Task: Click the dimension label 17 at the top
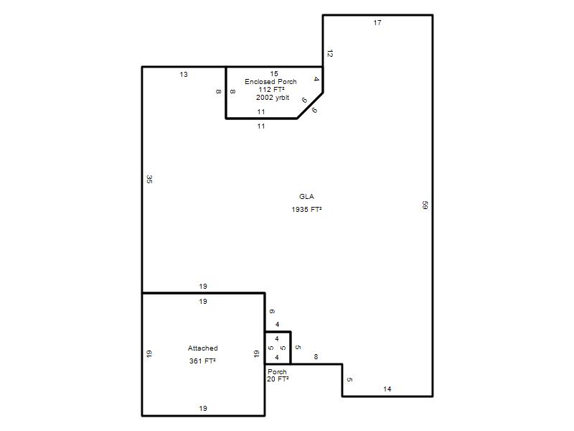tap(377, 23)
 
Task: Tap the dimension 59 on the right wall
tap(425, 205)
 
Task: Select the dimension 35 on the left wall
tap(149, 179)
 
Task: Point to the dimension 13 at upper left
tap(184, 75)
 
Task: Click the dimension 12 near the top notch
tap(330, 53)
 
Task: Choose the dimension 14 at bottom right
tap(387, 389)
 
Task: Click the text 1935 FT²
tap(307, 210)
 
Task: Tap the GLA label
tap(307, 196)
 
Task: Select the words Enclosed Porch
tap(271, 82)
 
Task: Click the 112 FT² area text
tap(272, 90)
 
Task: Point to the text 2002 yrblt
tap(273, 98)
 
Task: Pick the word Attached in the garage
tap(203, 348)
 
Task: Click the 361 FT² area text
tap(202, 361)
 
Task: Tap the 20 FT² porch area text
tap(278, 379)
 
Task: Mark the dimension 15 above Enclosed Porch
tap(274, 74)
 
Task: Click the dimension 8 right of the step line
tap(316, 356)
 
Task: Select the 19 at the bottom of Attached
tap(203, 408)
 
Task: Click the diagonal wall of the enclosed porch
tap(310, 106)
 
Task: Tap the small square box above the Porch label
tap(278, 348)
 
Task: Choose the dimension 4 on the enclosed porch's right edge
tap(316, 79)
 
